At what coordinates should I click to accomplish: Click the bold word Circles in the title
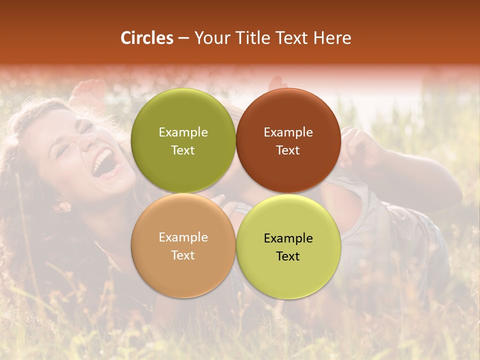pyautogui.click(x=147, y=38)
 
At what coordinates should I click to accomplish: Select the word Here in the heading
pyautogui.click(x=332, y=38)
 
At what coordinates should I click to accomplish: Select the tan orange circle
pyautogui.click(x=183, y=270)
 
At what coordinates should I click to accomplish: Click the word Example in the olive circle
pyautogui.click(x=183, y=132)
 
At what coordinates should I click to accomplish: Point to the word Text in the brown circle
pyautogui.click(x=288, y=150)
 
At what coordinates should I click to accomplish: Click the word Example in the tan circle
pyautogui.click(x=183, y=237)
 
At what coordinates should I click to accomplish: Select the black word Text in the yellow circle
pyautogui.click(x=288, y=256)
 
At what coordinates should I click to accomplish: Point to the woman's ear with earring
pyautogui.click(x=63, y=205)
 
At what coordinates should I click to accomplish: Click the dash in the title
pyautogui.click(x=183, y=38)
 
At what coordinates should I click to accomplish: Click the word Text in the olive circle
pyautogui.click(x=183, y=150)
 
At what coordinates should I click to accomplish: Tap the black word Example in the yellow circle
pyautogui.click(x=288, y=238)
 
